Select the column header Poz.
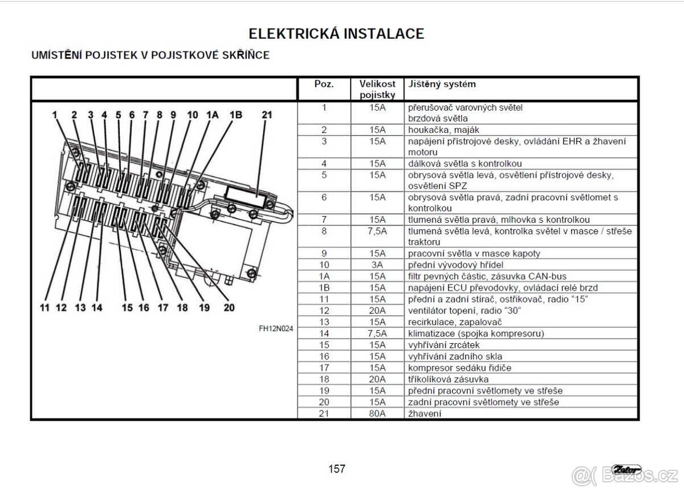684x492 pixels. pyautogui.click(x=324, y=84)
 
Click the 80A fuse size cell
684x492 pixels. pyautogui.click(x=377, y=413)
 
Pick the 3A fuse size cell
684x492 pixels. pyautogui.click(x=377, y=265)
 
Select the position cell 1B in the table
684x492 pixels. pyautogui.click(x=324, y=287)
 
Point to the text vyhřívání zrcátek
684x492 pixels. pyautogui.click(x=444, y=345)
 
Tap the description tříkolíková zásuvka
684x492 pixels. pyautogui.click(x=448, y=379)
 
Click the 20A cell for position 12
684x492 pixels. pyautogui.click(x=377, y=311)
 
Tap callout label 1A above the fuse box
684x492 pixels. pyautogui.click(x=212, y=115)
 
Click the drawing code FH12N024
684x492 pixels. pyautogui.click(x=276, y=328)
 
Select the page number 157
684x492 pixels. pyautogui.click(x=337, y=469)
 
